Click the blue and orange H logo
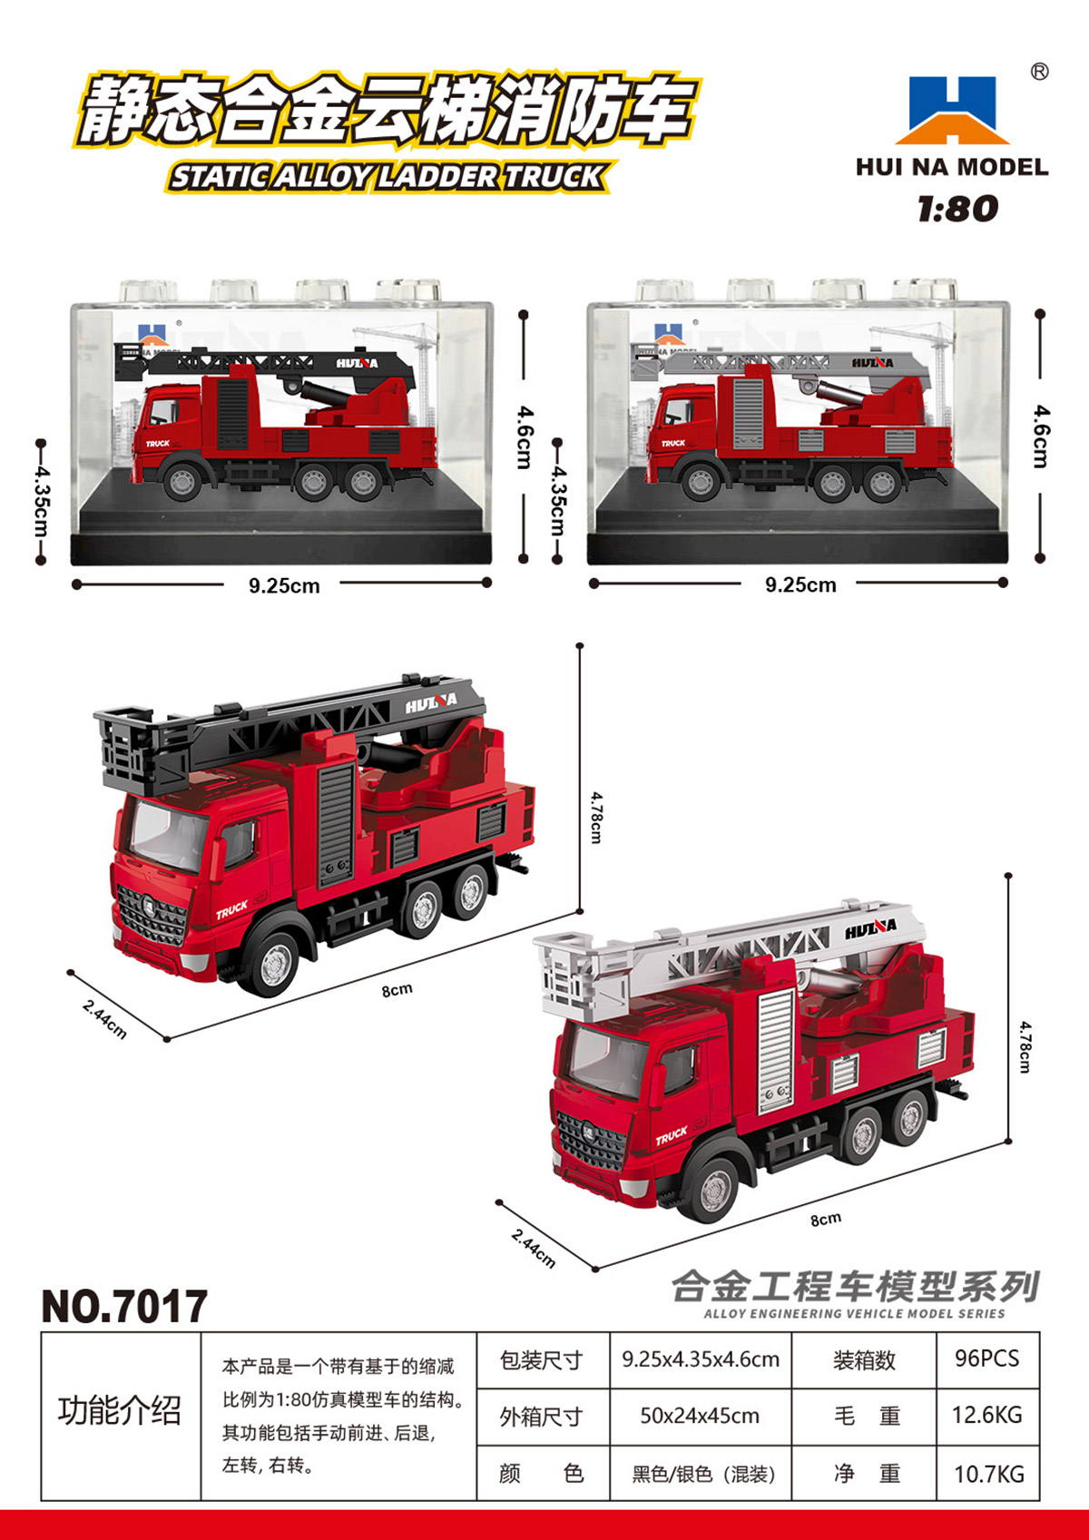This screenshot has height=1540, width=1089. (x=952, y=110)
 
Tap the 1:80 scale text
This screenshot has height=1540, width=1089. (x=957, y=209)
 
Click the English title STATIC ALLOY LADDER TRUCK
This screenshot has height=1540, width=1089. (x=388, y=177)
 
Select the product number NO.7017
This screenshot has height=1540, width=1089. (x=124, y=1306)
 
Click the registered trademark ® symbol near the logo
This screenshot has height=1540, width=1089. (x=1039, y=72)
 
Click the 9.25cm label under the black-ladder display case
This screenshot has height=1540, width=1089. (x=284, y=585)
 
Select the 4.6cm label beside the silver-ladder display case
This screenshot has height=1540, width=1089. (x=1042, y=436)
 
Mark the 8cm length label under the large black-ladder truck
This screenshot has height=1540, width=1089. (x=397, y=990)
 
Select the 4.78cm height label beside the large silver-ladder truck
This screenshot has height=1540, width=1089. (x=1025, y=1046)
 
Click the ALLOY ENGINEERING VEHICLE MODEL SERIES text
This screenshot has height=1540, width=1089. (x=854, y=1313)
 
